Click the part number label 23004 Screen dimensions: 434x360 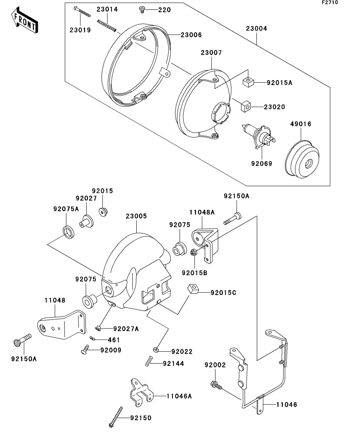click(256, 29)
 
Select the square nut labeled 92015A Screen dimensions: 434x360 click(248, 83)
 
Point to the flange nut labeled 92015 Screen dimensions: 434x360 click(104, 211)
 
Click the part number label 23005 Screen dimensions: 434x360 click(136, 216)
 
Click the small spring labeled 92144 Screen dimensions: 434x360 click(149, 362)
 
